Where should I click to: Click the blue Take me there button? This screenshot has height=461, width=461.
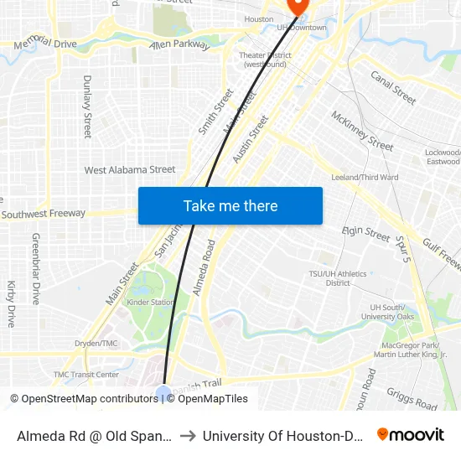(230, 206)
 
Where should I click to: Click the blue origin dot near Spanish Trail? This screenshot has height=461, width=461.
(163, 392)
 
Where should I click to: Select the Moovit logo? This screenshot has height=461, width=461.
(410, 435)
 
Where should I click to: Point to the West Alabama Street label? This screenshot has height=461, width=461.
(130, 170)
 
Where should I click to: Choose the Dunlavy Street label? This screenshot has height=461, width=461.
(87, 106)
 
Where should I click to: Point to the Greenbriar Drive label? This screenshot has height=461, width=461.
(36, 268)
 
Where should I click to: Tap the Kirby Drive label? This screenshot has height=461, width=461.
(12, 303)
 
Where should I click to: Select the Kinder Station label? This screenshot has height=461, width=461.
(151, 302)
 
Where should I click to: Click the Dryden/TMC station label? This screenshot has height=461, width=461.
(97, 344)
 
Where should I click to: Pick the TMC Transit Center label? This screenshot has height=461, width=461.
(86, 375)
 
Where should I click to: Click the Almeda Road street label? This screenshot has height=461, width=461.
(204, 267)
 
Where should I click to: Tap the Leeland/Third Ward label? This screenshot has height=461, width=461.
(365, 178)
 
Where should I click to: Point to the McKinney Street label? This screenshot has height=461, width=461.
(362, 132)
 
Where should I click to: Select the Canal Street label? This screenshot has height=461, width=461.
(393, 87)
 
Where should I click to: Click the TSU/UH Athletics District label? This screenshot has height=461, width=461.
(338, 277)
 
